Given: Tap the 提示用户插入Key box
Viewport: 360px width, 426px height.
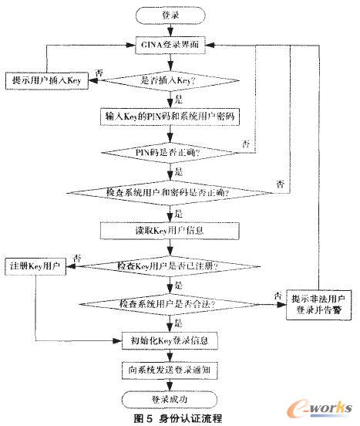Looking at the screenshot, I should click(x=46, y=79).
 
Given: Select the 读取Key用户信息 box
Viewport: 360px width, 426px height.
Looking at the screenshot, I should click(x=172, y=228).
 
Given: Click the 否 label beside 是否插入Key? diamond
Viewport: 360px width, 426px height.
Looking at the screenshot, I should click(x=99, y=72).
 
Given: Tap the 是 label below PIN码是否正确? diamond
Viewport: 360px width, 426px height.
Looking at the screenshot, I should click(x=180, y=171).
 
